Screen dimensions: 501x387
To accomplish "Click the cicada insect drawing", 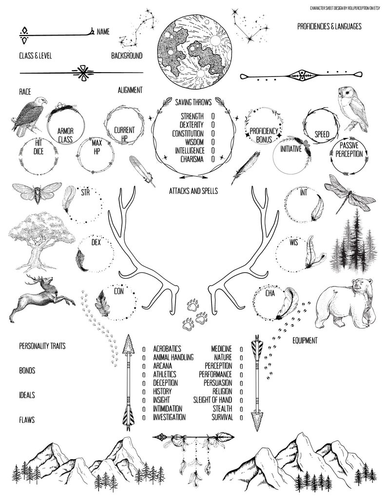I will pyautogui.click(x=36, y=193).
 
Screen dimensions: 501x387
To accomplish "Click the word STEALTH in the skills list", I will pyautogui.click(x=222, y=408).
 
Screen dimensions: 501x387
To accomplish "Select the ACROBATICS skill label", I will pyautogui.click(x=167, y=348).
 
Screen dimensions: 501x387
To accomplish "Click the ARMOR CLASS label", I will pyautogui.click(x=65, y=135).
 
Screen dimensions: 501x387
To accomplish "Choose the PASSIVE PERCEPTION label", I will pyautogui.click(x=349, y=150).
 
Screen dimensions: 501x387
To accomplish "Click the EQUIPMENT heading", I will pyautogui.click(x=305, y=340).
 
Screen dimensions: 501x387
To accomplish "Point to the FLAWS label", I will pyautogui.click(x=27, y=419).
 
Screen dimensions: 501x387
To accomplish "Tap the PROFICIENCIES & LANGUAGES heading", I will pyautogui.click(x=329, y=26).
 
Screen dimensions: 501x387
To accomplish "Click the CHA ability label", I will pyautogui.click(x=271, y=293).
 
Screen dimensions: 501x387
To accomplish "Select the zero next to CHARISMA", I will pyautogui.click(x=213, y=159).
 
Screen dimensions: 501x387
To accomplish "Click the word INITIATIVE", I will pyautogui.click(x=291, y=149).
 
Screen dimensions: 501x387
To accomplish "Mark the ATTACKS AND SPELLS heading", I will pyautogui.click(x=193, y=191).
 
